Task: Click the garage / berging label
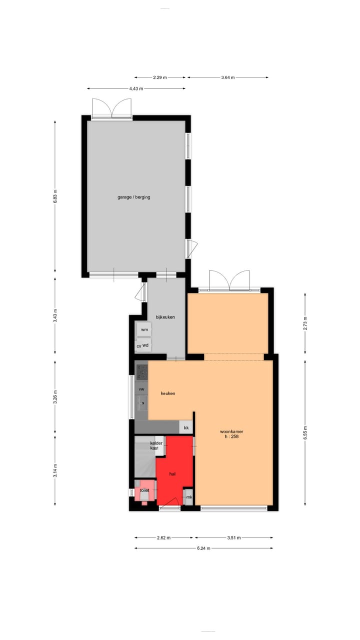133,197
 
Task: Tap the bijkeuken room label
165,317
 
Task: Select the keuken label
168,393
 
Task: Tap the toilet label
144,490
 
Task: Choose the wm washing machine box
144,330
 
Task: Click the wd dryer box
145,345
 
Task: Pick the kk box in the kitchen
186,428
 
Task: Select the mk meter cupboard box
189,497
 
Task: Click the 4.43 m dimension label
136,88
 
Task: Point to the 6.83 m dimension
55,197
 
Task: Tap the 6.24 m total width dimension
203,548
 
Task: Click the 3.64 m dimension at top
227,77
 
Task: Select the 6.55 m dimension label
305,431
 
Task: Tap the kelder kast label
155,445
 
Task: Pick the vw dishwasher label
141,388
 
